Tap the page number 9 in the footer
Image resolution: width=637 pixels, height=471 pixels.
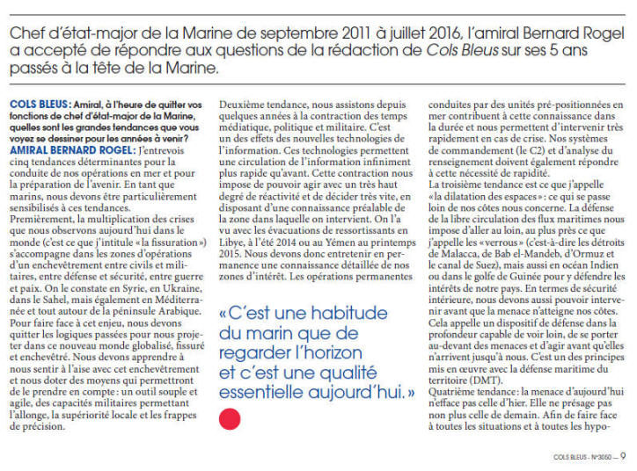622,456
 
